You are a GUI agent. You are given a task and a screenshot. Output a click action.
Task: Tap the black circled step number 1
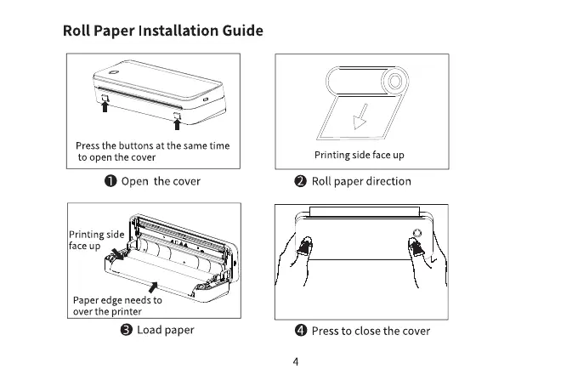(111, 181)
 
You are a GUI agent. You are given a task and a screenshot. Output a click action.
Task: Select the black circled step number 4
(301, 331)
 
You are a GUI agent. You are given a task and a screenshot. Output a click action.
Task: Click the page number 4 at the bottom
(294, 361)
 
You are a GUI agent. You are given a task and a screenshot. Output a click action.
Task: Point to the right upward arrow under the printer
(178, 124)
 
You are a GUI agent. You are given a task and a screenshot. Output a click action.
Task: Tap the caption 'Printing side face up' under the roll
(360, 155)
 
